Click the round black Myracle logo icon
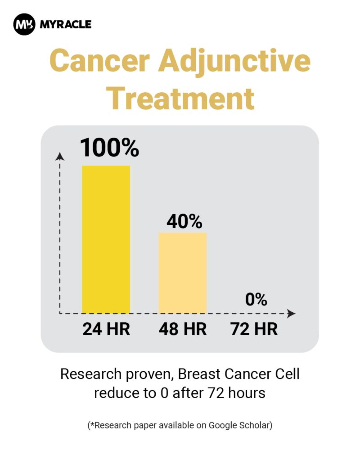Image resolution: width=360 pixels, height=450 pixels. [24, 24]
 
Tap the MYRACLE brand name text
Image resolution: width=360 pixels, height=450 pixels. [66, 24]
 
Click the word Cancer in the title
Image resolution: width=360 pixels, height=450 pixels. [99, 61]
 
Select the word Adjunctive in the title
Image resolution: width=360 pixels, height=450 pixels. [234, 62]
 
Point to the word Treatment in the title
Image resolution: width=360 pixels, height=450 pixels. [180, 99]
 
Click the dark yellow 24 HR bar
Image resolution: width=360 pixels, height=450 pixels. [106, 239]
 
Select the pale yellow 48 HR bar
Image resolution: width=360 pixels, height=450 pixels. [183, 273]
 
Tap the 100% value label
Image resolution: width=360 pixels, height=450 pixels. [109, 148]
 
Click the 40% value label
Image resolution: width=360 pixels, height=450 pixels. [184, 221]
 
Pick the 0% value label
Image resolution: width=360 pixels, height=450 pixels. [256, 299]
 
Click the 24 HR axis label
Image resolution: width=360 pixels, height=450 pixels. [106, 329]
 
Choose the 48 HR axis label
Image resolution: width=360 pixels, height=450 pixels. [183, 329]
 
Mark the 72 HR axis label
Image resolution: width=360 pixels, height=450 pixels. [254, 329]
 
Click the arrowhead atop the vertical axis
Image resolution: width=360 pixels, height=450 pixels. [60, 157]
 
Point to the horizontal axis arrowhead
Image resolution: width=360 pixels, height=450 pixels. [292, 314]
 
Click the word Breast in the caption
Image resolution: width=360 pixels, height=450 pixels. [199, 374]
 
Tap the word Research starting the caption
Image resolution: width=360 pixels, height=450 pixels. [91, 374]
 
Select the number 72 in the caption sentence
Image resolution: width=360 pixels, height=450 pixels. [216, 393]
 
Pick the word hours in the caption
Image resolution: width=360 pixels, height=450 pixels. [247, 393]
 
